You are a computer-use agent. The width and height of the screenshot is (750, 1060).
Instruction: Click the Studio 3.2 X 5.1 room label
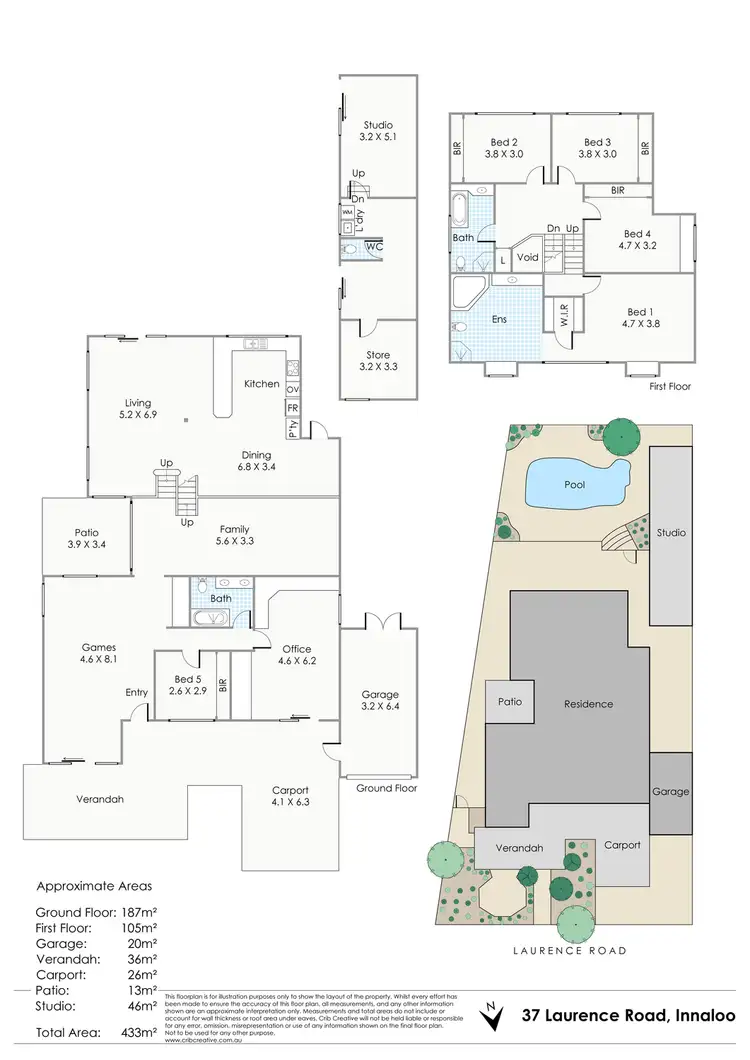[x=378, y=132]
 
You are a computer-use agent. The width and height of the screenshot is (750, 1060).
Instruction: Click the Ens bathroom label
[x=499, y=320]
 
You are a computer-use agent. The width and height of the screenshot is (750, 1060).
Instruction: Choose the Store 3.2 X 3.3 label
[x=378, y=361]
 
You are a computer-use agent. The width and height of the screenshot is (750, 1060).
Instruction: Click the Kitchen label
[x=262, y=384]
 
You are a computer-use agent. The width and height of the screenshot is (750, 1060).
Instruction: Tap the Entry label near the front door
[x=137, y=692]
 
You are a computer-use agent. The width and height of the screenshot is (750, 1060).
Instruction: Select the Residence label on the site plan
[x=588, y=704]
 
